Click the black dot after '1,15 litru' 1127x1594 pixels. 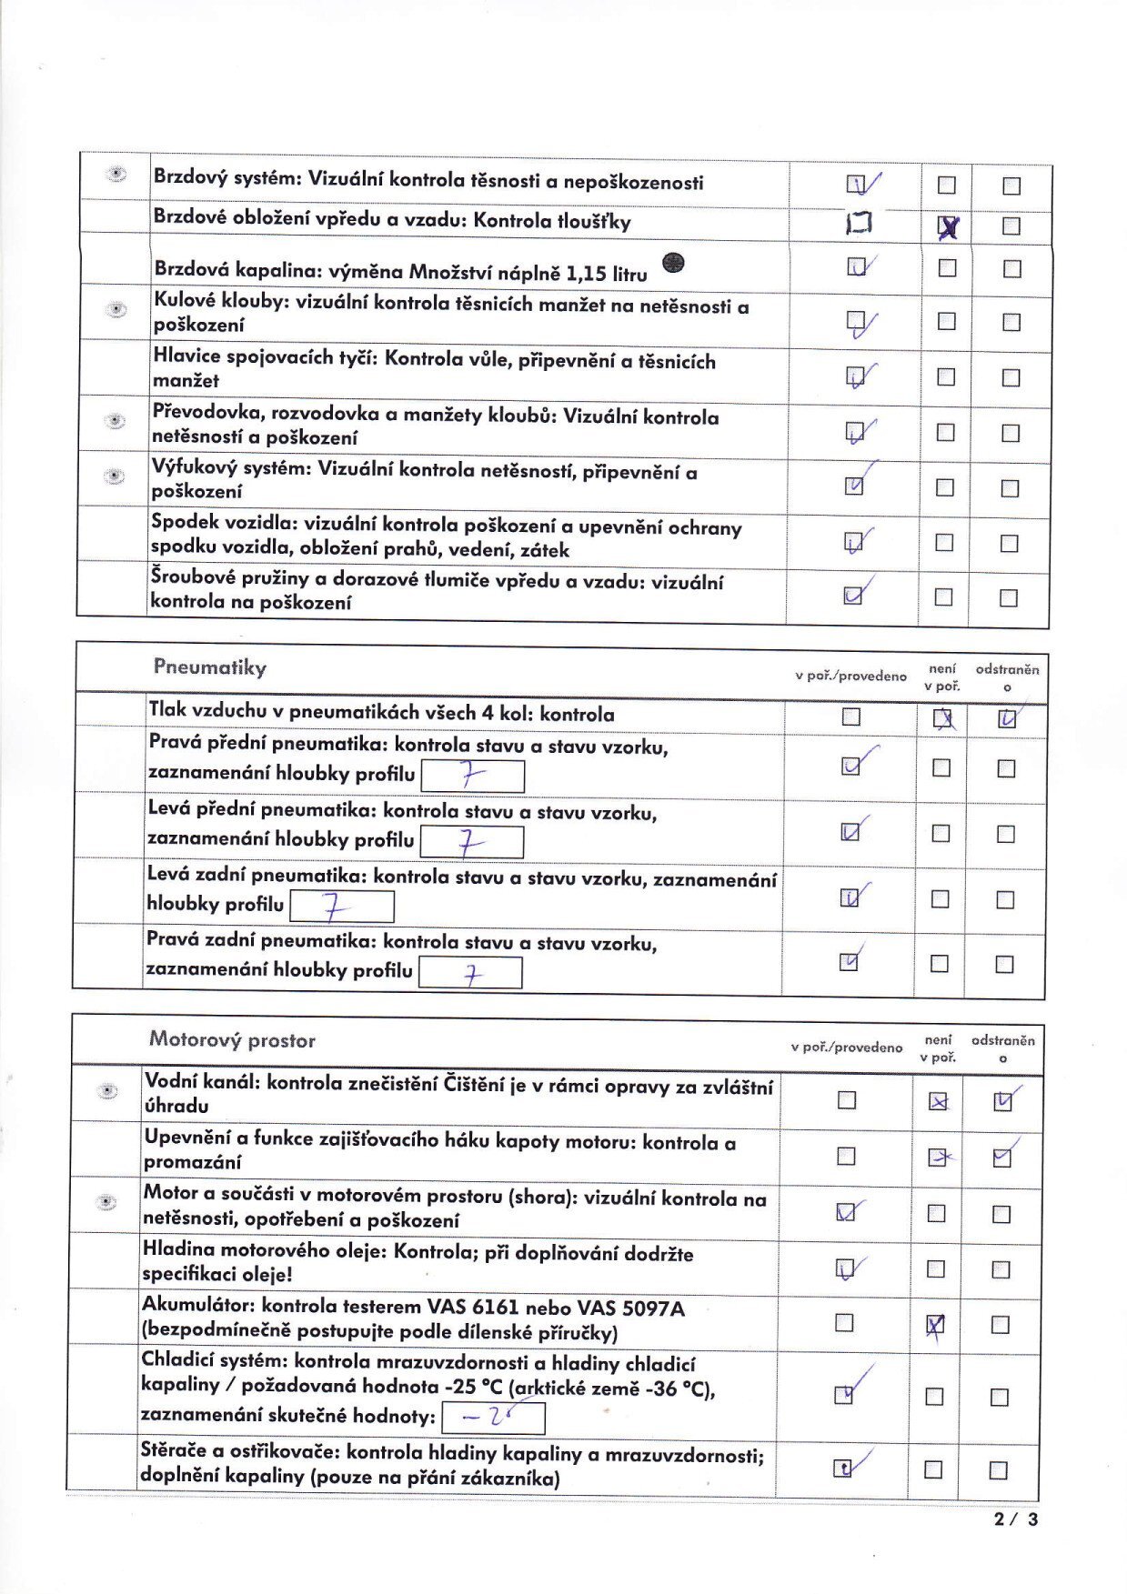coord(673,263)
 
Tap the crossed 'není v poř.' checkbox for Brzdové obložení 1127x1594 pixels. coord(947,227)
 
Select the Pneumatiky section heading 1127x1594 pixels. coord(210,667)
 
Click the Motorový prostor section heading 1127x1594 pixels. coord(232,1039)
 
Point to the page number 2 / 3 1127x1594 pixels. coord(1015,1519)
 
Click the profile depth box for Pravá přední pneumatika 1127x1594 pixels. coord(473,777)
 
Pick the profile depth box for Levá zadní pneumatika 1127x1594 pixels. coord(342,907)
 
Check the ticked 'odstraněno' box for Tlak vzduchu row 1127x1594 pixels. coord(1006,719)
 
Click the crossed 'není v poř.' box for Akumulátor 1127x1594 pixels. coord(935,1326)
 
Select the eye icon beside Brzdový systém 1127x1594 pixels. coord(116,174)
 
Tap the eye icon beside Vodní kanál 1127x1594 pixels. coord(107,1090)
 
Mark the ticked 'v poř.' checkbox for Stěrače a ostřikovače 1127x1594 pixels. coord(843,1468)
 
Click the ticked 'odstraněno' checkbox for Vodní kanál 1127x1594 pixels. coord(1002,1101)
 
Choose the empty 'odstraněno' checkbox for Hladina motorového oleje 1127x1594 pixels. coord(1001,1269)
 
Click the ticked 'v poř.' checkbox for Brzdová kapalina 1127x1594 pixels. coord(856,266)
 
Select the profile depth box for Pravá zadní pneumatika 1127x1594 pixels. coord(470,974)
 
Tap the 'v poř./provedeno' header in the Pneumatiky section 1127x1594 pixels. coord(850,676)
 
